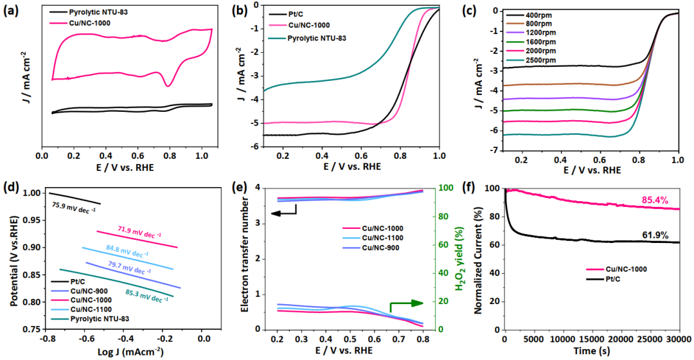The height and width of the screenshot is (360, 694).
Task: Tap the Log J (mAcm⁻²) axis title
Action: tap(127, 351)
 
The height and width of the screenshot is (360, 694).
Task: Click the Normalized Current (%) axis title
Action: tap(479, 258)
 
